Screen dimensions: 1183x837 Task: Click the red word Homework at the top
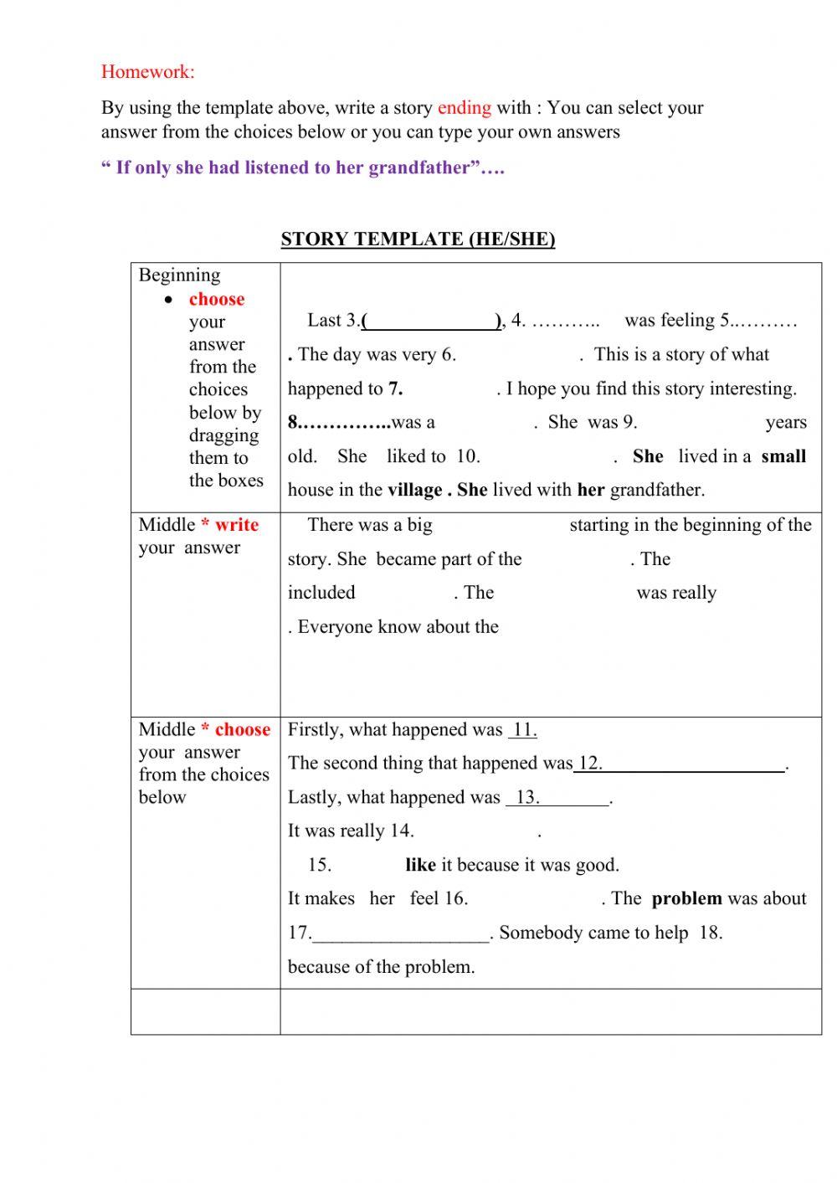[x=146, y=72]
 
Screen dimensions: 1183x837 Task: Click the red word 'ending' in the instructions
[x=464, y=108]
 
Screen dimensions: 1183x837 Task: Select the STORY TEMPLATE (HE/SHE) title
[x=418, y=239]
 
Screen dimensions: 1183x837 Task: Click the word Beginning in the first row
[x=179, y=275]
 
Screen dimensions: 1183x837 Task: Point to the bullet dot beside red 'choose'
[x=170, y=300]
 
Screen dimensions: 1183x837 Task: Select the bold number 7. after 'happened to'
[x=395, y=389]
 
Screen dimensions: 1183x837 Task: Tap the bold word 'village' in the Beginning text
[x=414, y=491]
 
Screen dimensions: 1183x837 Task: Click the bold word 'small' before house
[x=783, y=457]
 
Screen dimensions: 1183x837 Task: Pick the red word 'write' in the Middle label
[x=236, y=525]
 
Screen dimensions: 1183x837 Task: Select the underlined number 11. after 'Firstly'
[x=523, y=730]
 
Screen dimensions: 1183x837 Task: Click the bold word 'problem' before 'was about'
[x=686, y=899]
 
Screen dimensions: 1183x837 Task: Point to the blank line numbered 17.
[x=400, y=934]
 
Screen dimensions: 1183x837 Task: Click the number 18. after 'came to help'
[x=710, y=934]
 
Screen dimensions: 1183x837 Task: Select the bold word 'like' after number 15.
[x=420, y=866]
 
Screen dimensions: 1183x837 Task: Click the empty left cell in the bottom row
[x=205, y=1011]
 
